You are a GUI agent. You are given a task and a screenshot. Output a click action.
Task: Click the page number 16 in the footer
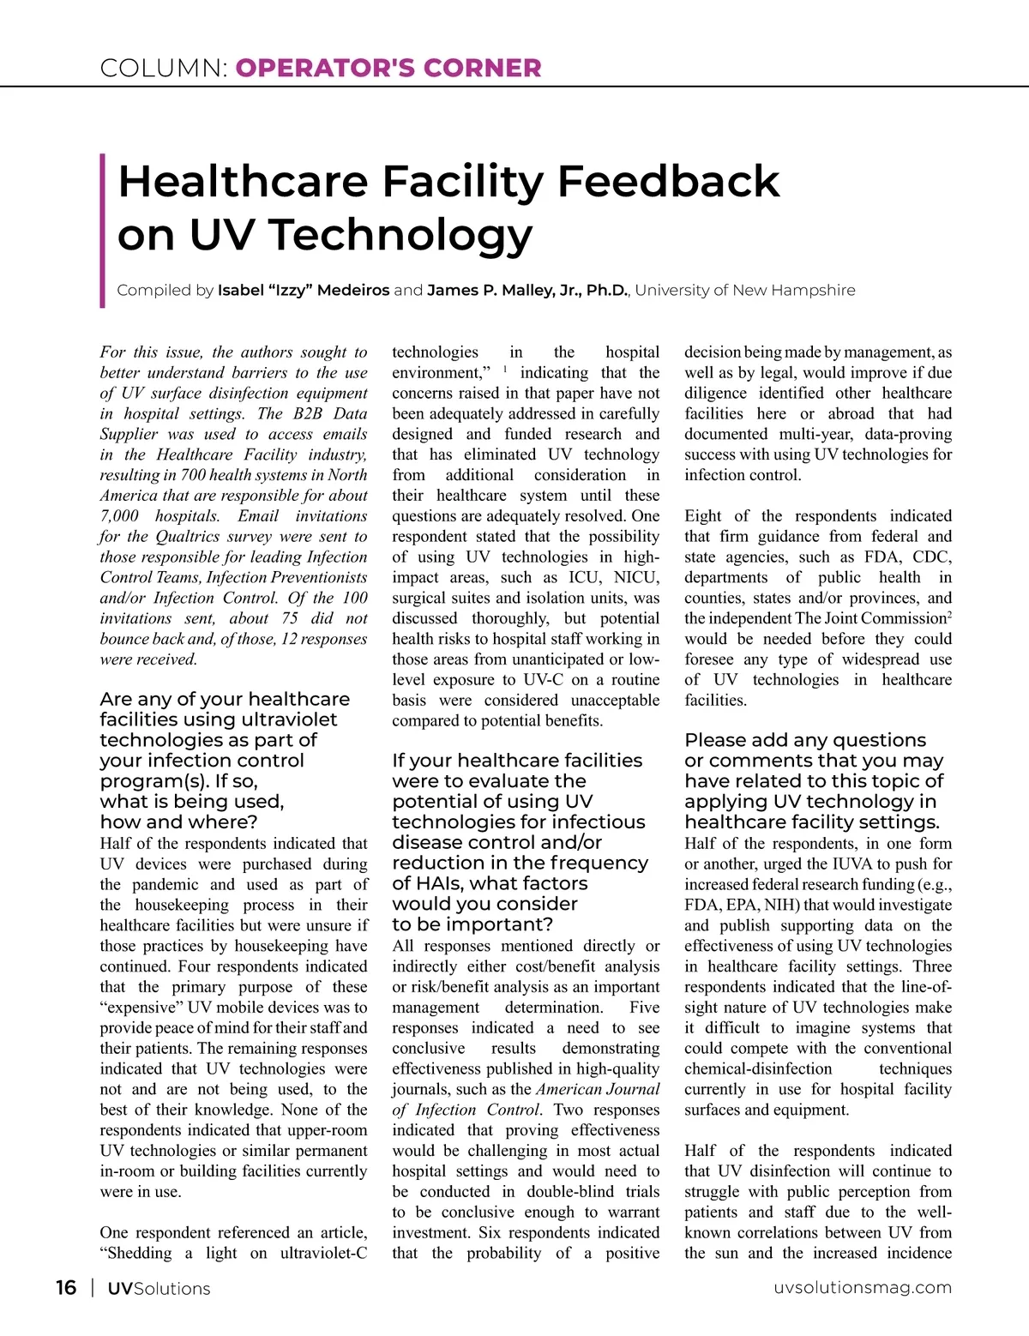coord(66,1287)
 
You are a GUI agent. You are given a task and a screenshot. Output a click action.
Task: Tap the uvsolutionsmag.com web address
coord(862,1287)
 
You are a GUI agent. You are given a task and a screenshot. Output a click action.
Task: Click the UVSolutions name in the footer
coord(159,1288)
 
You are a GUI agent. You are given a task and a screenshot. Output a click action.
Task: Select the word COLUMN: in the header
coord(164,69)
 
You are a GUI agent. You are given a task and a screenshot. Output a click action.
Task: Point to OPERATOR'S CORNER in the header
coord(388,69)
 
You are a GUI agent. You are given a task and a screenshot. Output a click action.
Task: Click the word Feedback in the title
coord(668,181)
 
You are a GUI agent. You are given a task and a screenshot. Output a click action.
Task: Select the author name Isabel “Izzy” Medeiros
coord(304,290)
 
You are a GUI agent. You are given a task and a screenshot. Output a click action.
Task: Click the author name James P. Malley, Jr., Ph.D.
coord(527,290)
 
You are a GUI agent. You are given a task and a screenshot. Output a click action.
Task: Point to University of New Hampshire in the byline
coord(745,290)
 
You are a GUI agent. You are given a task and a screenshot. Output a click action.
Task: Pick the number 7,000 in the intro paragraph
coord(119,516)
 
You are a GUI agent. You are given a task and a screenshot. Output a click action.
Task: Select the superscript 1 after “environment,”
coord(505,370)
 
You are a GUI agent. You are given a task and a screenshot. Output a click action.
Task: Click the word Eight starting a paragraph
coord(703,516)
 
